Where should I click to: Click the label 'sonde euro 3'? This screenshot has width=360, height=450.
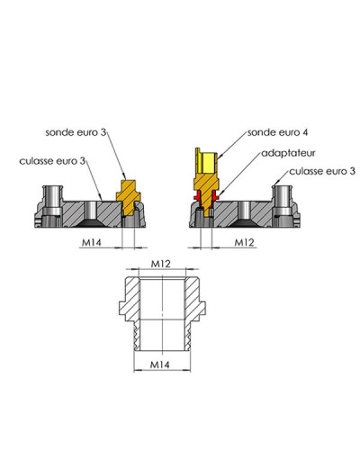(x=76, y=132)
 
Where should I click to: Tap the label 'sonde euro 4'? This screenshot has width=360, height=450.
(x=277, y=132)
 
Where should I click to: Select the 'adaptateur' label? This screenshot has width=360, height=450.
(x=288, y=153)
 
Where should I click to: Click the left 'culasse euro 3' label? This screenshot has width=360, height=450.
(x=52, y=161)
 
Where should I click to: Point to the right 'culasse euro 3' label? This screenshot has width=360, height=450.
(x=322, y=171)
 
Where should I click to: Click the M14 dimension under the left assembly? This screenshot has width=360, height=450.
(x=92, y=242)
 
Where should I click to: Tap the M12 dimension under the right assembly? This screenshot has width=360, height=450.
(x=244, y=242)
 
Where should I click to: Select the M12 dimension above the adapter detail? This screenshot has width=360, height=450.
(x=160, y=264)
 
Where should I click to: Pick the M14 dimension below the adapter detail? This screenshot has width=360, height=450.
(x=159, y=364)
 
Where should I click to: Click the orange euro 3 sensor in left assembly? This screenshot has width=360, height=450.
(x=129, y=197)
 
